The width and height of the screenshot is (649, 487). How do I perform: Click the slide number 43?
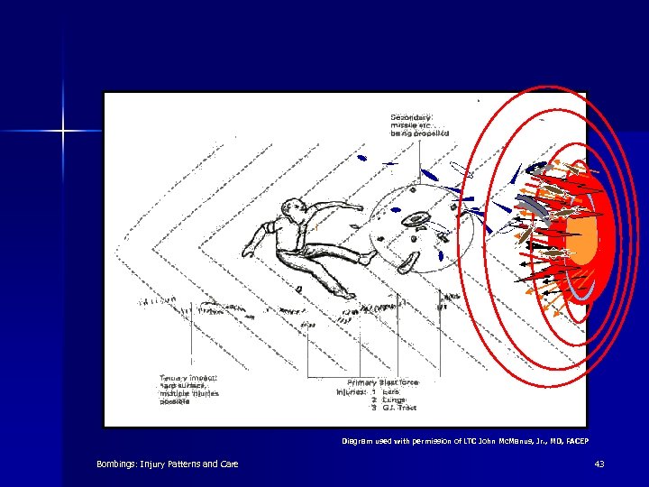(599, 464)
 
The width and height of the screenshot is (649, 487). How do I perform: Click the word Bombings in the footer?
(120, 464)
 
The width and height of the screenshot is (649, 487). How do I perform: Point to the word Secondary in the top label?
(411, 116)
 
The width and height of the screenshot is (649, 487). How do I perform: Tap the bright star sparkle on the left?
(63, 132)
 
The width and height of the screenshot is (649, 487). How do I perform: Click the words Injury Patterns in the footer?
(179, 464)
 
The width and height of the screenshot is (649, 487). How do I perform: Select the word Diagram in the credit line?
(358, 441)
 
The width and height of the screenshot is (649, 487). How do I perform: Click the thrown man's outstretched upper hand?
(358, 207)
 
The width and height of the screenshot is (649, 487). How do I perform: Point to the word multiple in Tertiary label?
(173, 394)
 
